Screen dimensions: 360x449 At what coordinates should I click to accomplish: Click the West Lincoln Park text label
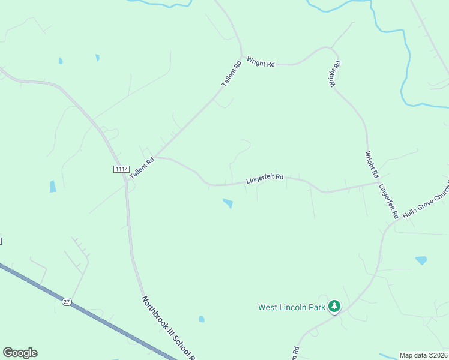[292, 307]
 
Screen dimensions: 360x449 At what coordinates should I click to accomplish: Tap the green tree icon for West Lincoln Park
[334, 307]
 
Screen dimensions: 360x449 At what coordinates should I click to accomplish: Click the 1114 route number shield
[121, 169]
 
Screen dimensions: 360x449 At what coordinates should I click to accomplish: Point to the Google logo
[20, 353]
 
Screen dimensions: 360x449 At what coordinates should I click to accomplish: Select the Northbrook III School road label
[169, 328]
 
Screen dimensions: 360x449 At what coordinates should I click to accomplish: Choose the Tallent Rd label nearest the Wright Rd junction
[231, 73]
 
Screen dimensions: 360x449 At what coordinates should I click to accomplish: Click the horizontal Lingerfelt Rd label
[265, 179]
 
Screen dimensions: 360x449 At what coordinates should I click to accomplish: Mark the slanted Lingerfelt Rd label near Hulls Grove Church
[388, 200]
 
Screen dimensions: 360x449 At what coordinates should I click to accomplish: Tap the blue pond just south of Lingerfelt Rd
[228, 203]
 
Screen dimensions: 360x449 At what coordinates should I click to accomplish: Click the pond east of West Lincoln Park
[421, 260]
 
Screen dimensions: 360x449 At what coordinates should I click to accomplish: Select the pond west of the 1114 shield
[52, 186]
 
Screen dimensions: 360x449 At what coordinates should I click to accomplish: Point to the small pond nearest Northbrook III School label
[202, 319]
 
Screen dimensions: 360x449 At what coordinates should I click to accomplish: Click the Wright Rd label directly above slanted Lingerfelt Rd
[372, 164]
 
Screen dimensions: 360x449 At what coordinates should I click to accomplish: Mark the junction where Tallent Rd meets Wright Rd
[241, 58]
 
